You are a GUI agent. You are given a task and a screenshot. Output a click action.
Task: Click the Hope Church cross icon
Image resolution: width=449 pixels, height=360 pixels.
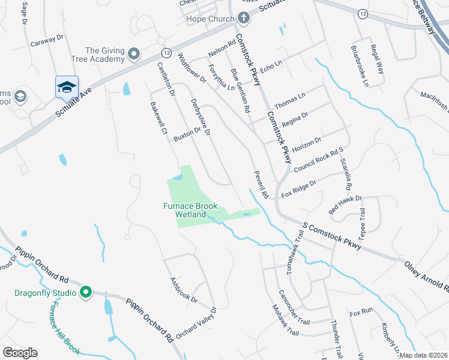(x=243, y=19)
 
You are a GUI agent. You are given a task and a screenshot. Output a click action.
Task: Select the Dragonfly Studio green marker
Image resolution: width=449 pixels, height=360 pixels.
(x=86, y=293)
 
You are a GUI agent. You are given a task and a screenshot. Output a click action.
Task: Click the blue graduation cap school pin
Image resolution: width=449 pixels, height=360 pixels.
(x=67, y=88)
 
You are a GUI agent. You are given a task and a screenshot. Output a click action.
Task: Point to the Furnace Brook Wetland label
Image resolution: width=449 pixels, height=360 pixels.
(x=190, y=209)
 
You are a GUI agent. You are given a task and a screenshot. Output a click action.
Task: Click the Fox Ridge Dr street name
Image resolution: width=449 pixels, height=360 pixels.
(x=298, y=187)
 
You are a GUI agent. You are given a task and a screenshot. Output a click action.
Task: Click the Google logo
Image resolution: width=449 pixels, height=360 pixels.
(x=20, y=353)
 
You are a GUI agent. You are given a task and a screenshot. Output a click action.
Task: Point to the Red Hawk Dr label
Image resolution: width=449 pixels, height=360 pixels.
(x=346, y=205)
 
